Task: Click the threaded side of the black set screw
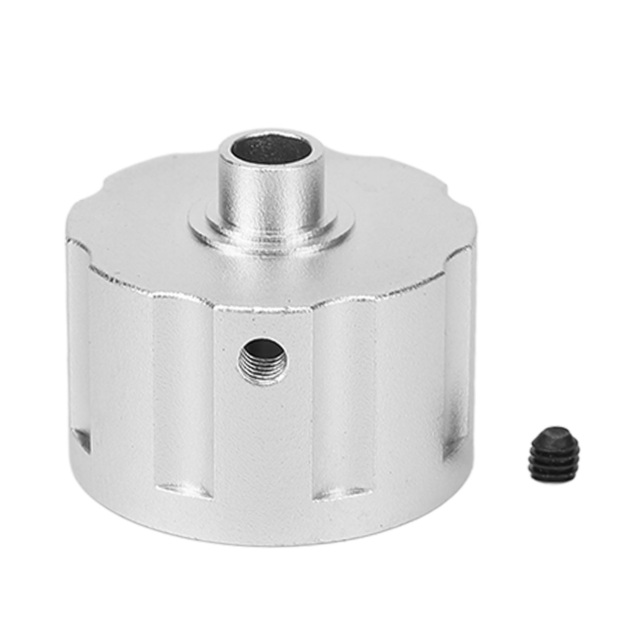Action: tap(541, 464)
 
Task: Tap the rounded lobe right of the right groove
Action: tap(411, 388)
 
